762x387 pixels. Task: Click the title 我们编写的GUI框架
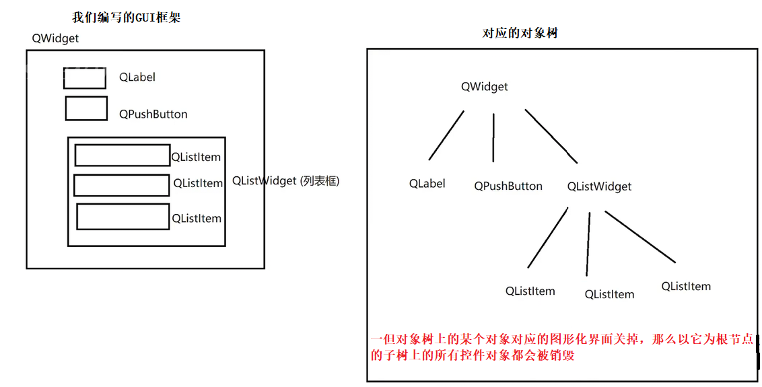click(126, 18)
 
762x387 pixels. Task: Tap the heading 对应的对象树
click(520, 33)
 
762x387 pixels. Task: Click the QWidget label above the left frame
click(55, 38)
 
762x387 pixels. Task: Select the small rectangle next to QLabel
click(85, 78)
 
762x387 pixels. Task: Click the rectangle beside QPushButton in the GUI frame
click(86, 108)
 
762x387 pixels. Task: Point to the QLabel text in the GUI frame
click(137, 77)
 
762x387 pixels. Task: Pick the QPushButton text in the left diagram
click(153, 114)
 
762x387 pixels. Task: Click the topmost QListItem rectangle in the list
click(122, 155)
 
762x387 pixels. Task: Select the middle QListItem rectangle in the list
click(121, 185)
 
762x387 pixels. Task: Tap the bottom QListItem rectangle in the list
click(123, 216)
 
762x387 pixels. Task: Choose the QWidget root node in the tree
click(484, 87)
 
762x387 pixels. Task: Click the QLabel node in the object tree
click(427, 184)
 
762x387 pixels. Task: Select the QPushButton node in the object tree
click(508, 186)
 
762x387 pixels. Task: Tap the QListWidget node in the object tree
click(599, 186)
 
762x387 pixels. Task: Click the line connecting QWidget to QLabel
click(446, 135)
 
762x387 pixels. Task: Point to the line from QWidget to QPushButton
click(493, 137)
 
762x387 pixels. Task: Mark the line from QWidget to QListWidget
click(551, 136)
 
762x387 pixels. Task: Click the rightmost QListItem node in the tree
click(686, 286)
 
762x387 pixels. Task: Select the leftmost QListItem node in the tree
click(530, 291)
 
